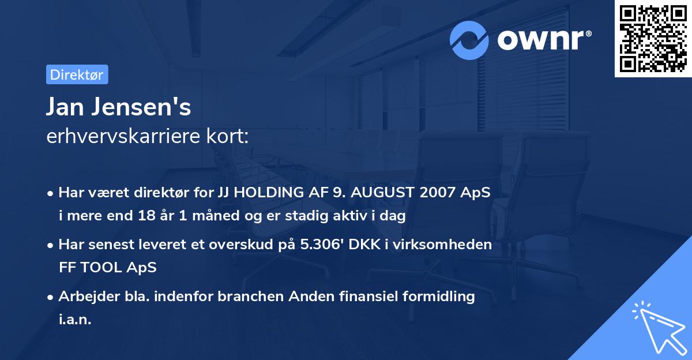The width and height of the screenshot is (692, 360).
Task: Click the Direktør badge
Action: [x=77, y=74]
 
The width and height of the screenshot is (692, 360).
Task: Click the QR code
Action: [x=652, y=39]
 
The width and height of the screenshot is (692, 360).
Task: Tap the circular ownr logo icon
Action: [x=469, y=40]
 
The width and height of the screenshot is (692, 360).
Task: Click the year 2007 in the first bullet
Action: [x=437, y=193]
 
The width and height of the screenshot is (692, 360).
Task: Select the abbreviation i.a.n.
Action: [x=75, y=320]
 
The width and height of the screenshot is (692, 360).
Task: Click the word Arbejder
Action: [x=85, y=297]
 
